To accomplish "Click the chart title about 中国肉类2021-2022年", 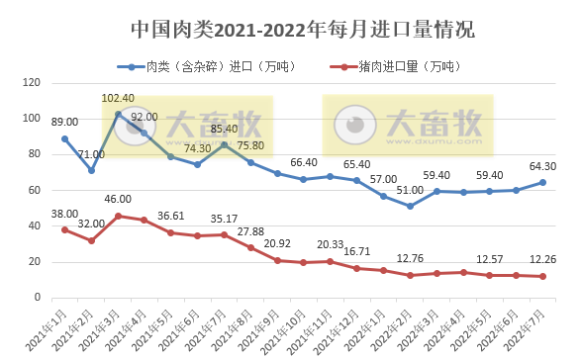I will click(x=290, y=31).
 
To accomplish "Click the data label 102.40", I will click(x=119, y=99).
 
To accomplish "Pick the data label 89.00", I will click(x=64, y=122).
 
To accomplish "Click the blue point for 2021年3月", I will click(x=119, y=114).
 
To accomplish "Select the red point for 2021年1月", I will click(x=64, y=229).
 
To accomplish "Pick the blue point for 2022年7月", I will click(x=542, y=182).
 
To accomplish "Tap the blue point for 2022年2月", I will click(x=409, y=206).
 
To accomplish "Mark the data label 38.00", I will click(x=64, y=213).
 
